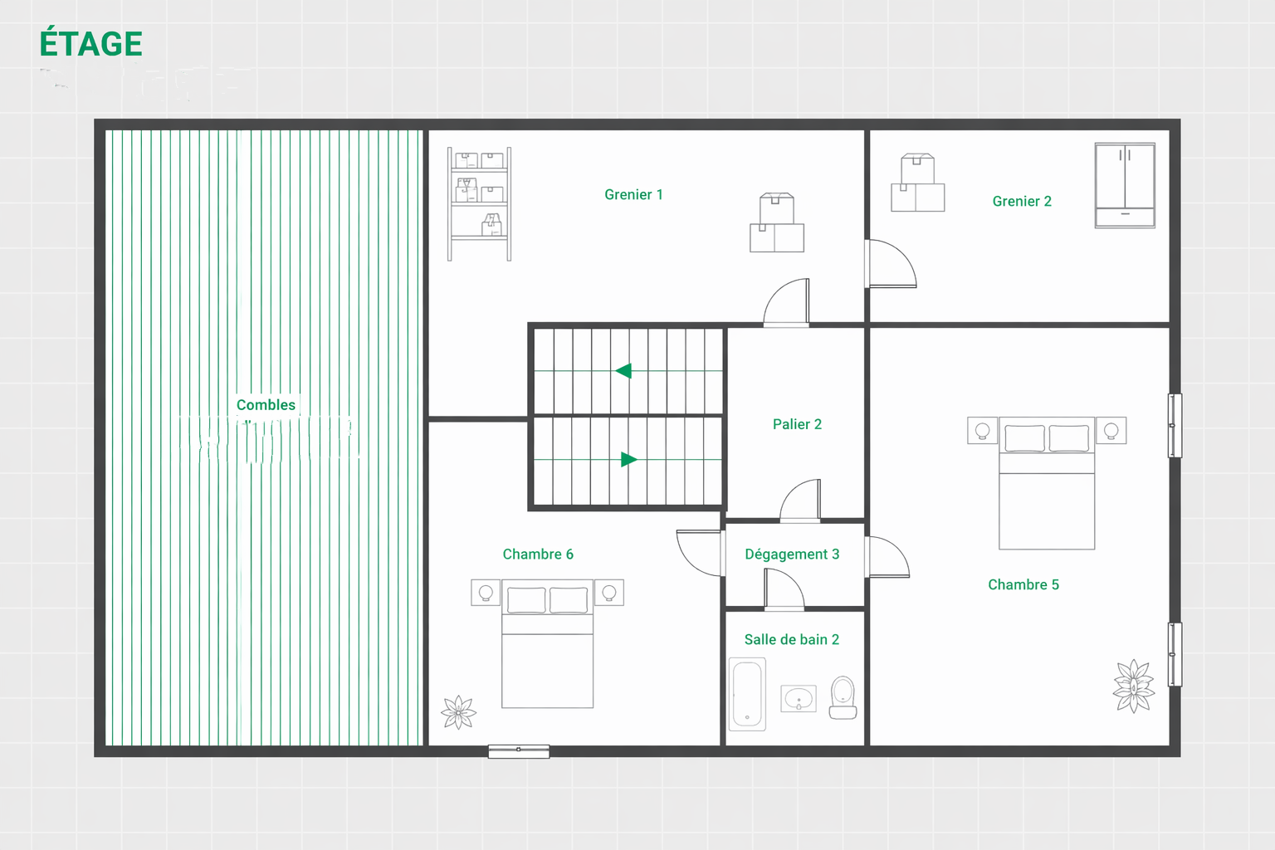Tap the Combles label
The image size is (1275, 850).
[x=266, y=405]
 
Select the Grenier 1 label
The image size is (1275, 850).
[x=633, y=195]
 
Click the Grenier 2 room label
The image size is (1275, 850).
[x=1022, y=201]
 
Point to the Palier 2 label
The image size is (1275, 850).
[x=797, y=424]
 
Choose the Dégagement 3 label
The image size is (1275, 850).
[x=792, y=554]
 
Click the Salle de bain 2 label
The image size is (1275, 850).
[x=792, y=639]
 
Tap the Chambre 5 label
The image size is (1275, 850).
[x=1023, y=584]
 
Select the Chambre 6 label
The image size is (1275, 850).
[x=538, y=554]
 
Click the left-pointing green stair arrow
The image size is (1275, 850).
[x=623, y=371]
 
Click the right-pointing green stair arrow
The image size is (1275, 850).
[x=628, y=459]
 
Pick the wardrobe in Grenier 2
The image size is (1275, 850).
[x=1126, y=186]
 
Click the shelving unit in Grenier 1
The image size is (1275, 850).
[x=479, y=204]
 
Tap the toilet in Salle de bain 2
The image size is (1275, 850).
[x=843, y=697]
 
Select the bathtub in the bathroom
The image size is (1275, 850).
[x=747, y=694]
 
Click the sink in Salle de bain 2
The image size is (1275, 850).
[x=799, y=699]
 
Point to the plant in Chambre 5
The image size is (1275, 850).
[x=1133, y=686]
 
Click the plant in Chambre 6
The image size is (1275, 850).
[x=459, y=711]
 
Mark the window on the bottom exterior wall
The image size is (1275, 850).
[x=519, y=751]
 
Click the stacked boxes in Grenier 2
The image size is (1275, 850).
[x=917, y=183]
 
